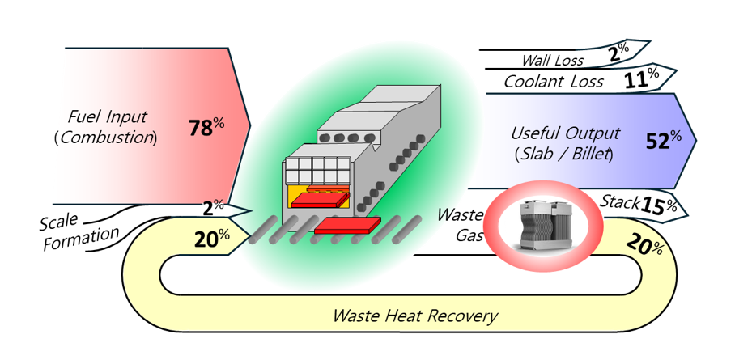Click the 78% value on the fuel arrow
[206, 128]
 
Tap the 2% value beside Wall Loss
[618, 54]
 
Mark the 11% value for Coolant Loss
[642, 79]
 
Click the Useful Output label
[565, 133]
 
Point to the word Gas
[469, 235]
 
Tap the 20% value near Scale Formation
[212, 238]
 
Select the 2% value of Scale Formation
[214, 207]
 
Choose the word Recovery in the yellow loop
[460, 316]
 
